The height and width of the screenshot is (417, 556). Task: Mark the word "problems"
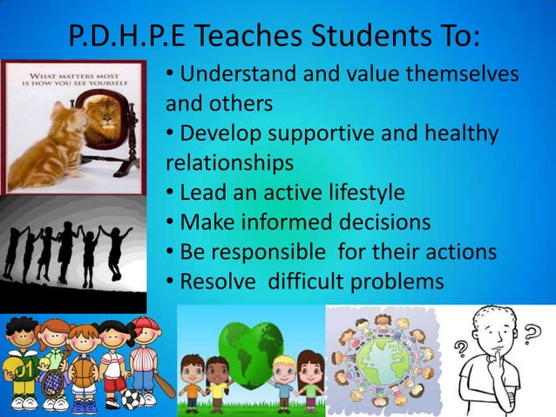(x=395, y=283)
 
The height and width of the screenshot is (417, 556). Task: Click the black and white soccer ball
(x=130, y=399)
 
